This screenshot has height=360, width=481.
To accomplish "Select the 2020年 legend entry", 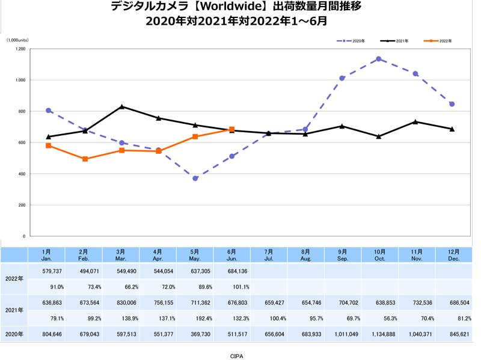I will coord(351,41).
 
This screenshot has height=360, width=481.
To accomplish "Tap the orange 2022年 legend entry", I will coord(438,41).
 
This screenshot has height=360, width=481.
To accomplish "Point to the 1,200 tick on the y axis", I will coord(20,49).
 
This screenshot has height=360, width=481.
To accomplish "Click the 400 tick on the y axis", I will coord(22,174).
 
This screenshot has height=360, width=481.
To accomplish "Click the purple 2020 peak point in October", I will coord(379,59).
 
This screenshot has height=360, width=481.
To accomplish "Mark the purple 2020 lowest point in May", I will coord(195,178).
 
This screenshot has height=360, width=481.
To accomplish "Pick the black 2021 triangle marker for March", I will coord(122,106).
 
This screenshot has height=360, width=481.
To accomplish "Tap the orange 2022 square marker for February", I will coord(85,159).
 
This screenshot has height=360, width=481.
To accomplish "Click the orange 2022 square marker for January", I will coord(48,145).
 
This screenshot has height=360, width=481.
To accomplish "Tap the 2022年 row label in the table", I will coord(14,278).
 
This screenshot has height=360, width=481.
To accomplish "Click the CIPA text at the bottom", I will coord(236,356).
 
